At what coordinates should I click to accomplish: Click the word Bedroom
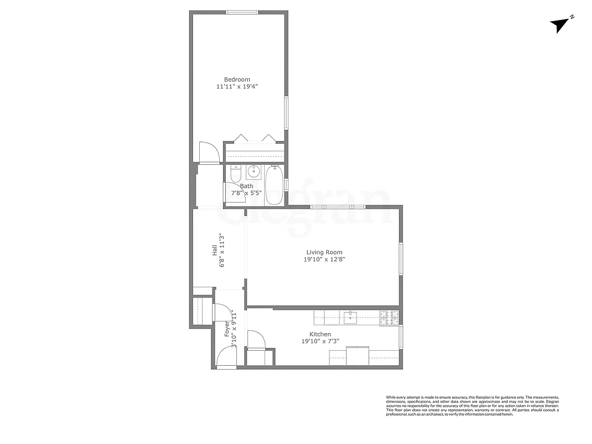pyautogui.click(x=237, y=79)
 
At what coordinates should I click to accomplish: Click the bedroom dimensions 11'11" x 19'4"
pyautogui.click(x=237, y=87)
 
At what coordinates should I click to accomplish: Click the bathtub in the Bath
pyautogui.click(x=275, y=185)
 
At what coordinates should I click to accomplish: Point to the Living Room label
pyautogui.click(x=324, y=253)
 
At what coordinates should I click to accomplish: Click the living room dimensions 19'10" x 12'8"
pyautogui.click(x=324, y=259)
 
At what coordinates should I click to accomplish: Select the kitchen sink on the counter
pyautogui.click(x=350, y=318)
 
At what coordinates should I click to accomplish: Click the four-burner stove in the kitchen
pyautogui.click(x=389, y=318)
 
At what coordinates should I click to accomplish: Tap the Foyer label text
pyautogui.click(x=227, y=330)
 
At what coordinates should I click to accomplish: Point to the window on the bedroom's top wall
pyautogui.click(x=241, y=12)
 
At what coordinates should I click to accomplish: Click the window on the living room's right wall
pyautogui.click(x=401, y=258)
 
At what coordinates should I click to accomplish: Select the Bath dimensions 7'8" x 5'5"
pyautogui.click(x=246, y=193)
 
